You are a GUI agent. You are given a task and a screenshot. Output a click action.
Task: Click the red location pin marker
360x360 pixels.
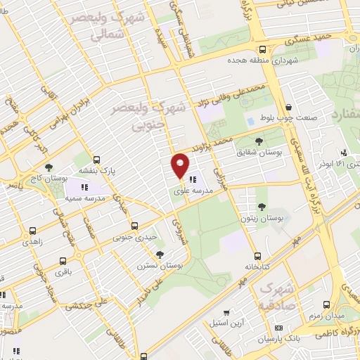point(180,165)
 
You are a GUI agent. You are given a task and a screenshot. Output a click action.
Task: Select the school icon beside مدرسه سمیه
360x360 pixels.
point(84,188)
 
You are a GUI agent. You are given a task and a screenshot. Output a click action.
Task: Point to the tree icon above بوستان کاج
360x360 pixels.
point(49,167)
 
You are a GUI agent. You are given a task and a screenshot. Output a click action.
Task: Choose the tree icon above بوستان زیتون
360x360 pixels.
point(262,207)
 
